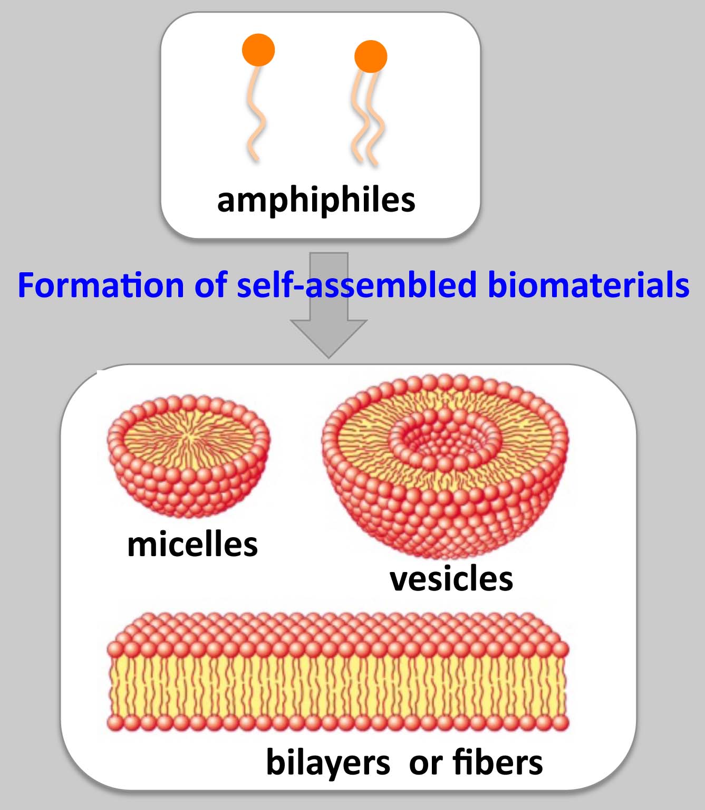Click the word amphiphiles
click(316, 201)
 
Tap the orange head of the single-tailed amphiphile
click(258, 50)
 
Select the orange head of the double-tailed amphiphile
click(371, 56)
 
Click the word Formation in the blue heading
click(100, 285)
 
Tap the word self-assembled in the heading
click(356, 285)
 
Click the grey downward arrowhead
click(329, 338)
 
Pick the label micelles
click(192, 545)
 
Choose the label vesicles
click(451, 579)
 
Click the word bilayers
click(328, 763)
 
